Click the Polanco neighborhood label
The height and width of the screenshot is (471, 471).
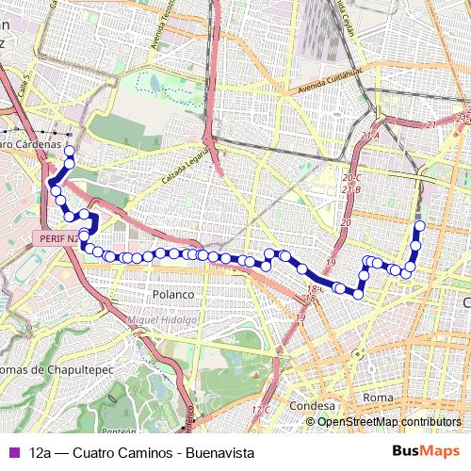[x=172, y=294]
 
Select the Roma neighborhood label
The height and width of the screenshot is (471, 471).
[x=378, y=398]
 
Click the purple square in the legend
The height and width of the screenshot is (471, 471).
[x=13, y=453]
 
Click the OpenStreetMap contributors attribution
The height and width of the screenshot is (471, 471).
[x=389, y=423]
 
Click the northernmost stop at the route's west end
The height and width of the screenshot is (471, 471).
[x=69, y=151]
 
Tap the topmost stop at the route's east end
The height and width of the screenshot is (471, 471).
[x=420, y=225]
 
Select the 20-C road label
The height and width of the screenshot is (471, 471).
[x=352, y=177]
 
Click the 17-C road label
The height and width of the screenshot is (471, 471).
[x=261, y=410]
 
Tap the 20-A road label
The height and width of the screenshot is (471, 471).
[x=369, y=137]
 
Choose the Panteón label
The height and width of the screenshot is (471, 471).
[x=119, y=430]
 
